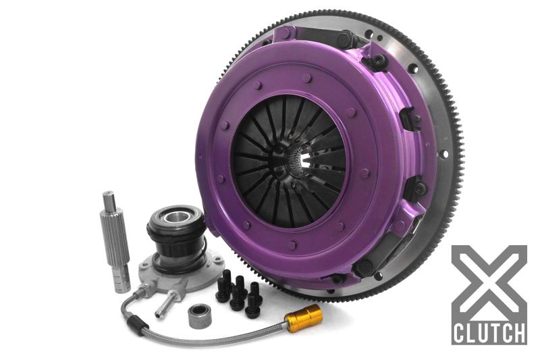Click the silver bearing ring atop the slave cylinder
pos(166,217)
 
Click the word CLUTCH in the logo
pos(489,333)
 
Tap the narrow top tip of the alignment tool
pos(107,199)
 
